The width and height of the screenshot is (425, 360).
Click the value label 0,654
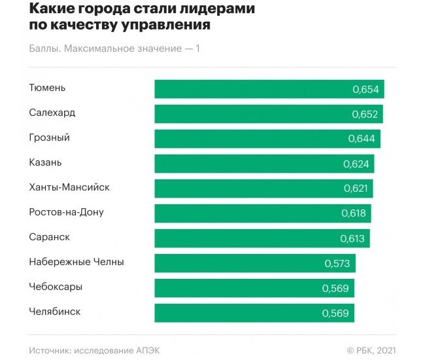click(365, 89)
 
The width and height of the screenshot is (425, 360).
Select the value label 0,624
click(356, 164)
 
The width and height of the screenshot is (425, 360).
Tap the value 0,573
click(338, 263)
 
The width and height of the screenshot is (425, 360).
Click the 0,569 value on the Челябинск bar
click(335, 313)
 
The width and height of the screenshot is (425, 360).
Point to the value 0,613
click(352, 238)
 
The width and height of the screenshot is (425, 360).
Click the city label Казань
click(45, 162)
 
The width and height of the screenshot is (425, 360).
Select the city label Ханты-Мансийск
click(69, 187)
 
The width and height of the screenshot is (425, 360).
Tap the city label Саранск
click(49, 237)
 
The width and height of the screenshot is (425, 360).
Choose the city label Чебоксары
click(56, 287)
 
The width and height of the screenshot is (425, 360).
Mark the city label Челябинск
click(55, 312)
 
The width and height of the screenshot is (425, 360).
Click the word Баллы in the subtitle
click(44, 48)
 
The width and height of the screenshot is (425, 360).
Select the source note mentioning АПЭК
click(94, 350)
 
